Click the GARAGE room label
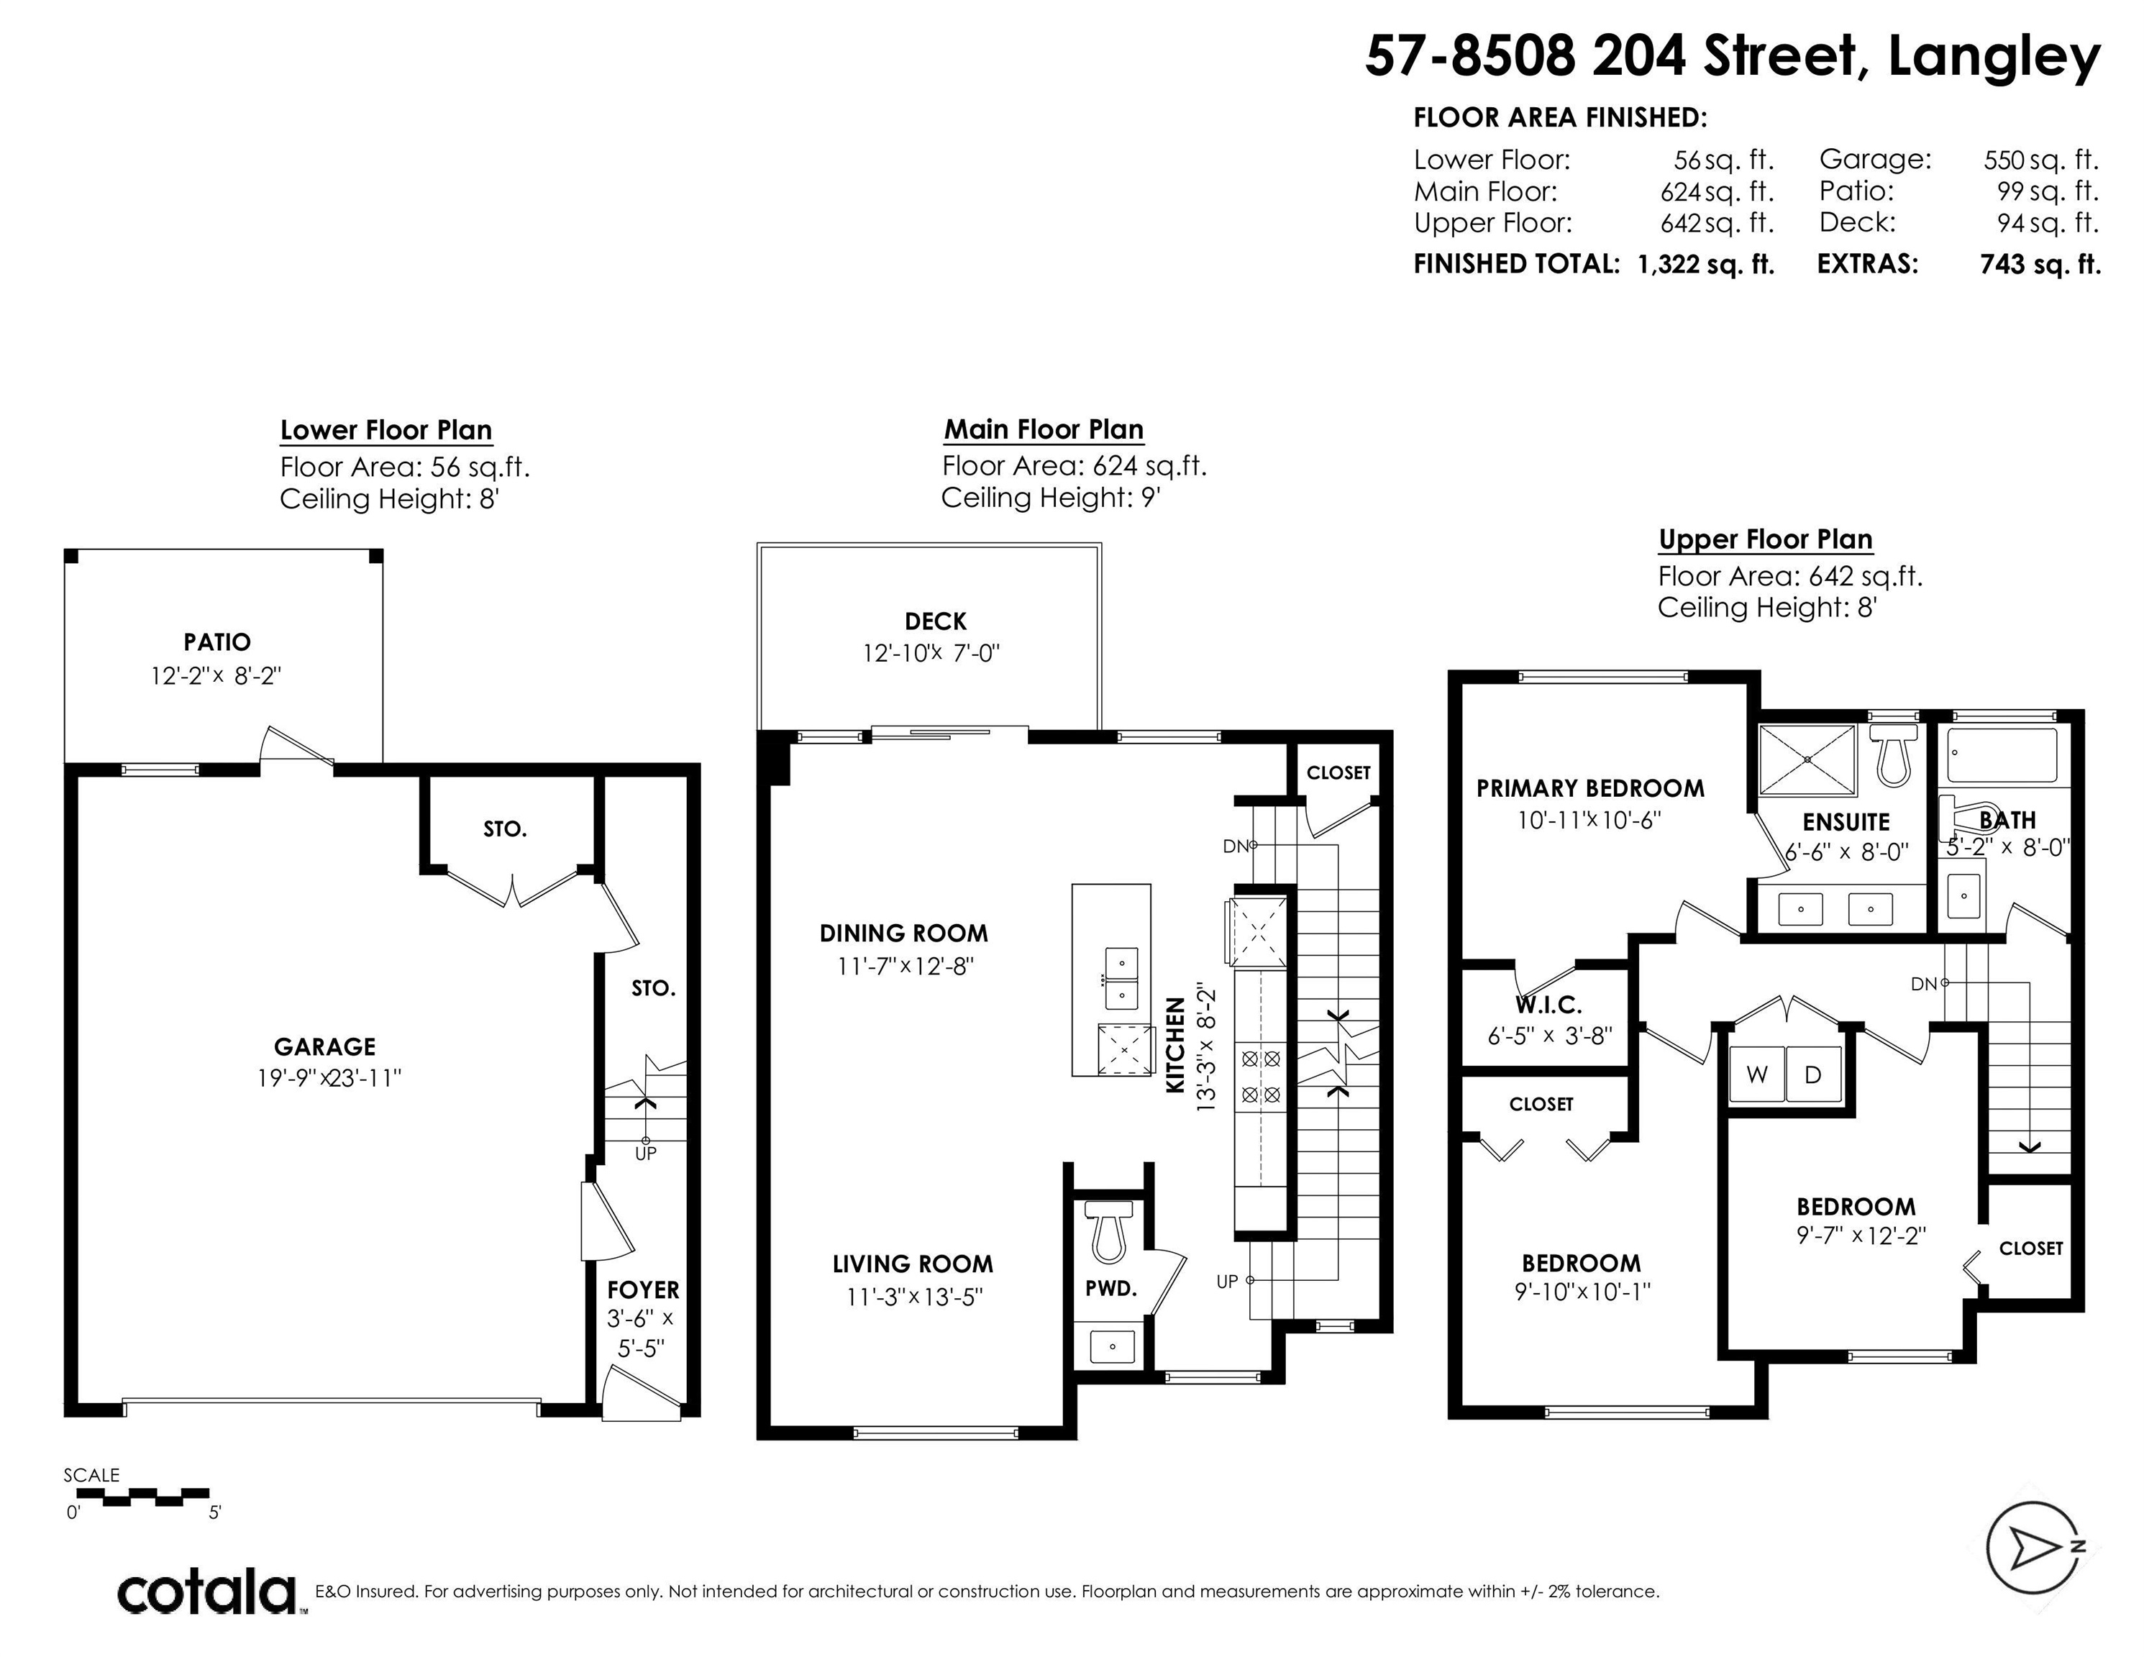tap(325, 1046)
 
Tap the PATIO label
tap(217, 642)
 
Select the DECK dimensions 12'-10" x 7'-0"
tap(931, 653)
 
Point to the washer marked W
tap(1756, 1075)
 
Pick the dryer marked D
tap(1813, 1075)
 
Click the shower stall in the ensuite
tap(1807, 759)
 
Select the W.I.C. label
tap(1548, 1005)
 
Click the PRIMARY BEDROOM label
tap(1590, 788)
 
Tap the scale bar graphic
tap(143, 1498)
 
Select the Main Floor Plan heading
tap(1044, 430)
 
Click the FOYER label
tap(643, 1290)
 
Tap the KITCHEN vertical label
tap(1175, 1046)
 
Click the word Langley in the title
tap(1994, 57)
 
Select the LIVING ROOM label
tap(913, 1264)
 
